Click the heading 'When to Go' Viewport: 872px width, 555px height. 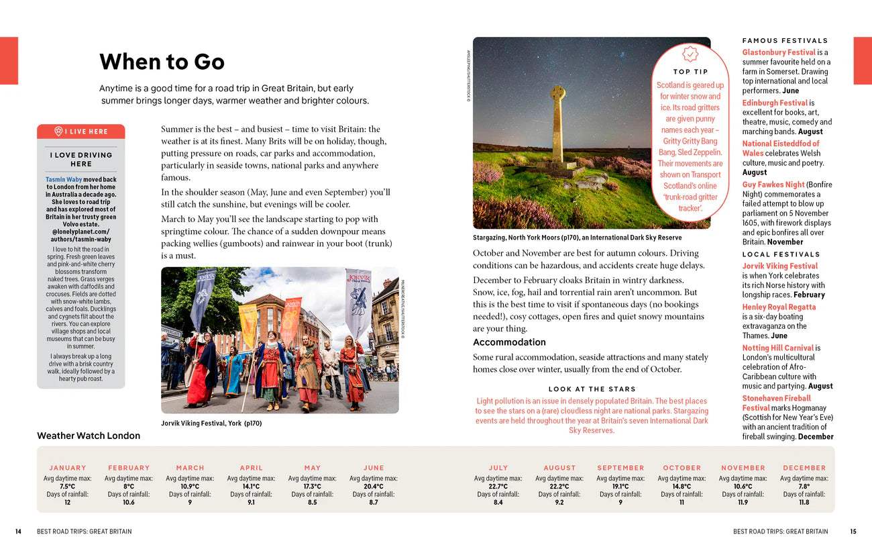point(162,62)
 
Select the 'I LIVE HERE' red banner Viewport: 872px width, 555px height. point(81,132)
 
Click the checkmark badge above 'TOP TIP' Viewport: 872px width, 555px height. point(690,54)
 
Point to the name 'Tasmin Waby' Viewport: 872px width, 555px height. point(64,180)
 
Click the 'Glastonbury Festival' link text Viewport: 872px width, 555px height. point(778,52)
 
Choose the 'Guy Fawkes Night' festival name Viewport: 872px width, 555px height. point(773,185)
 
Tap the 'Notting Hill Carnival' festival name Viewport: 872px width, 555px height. point(777,348)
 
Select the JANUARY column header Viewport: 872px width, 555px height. point(68,468)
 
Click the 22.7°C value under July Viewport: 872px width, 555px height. point(498,487)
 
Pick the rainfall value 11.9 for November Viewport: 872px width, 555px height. point(743,502)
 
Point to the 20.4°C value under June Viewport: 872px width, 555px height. point(374,487)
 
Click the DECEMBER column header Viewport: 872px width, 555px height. point(804,468)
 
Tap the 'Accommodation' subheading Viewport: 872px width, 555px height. point(509,342)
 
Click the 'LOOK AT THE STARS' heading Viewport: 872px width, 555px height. point(592,389)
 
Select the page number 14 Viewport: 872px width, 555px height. point(18,532)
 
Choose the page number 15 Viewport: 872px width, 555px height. point(853,532)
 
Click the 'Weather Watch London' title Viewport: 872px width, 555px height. point(89,436)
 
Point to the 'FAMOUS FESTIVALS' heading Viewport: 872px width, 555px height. point(785,41)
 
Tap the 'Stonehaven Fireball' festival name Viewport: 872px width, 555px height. point(777,398)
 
